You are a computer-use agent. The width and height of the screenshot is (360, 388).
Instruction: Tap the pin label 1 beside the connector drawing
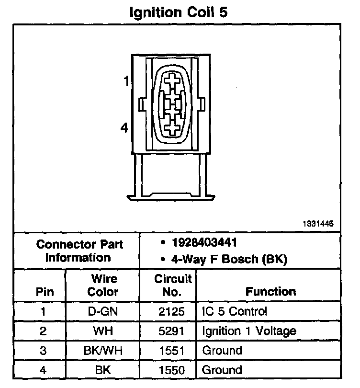coord(126,81)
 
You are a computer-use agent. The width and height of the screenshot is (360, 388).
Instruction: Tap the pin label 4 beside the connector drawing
coord(124,128)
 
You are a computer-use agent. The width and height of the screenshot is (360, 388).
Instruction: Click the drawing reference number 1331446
coord(317,224)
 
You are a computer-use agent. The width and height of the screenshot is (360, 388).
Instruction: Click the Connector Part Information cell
coord(80,251)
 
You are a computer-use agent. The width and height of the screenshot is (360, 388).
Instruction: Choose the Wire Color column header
coord(103,285)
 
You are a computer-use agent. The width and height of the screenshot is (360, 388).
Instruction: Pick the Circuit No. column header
coord(173,285)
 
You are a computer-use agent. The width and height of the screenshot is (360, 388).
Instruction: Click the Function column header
coord(270,291)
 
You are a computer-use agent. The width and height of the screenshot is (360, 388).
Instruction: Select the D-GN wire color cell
coord(103,311)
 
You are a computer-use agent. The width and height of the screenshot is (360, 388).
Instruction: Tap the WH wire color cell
coord(103,331)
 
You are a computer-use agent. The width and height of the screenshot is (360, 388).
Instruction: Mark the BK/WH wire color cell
coord(103,350)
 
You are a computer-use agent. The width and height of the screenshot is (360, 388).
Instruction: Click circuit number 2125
coord(171,311)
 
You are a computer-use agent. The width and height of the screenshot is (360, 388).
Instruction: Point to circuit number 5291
coord(171,331)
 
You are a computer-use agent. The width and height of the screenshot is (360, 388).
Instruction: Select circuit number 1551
coord(171,350)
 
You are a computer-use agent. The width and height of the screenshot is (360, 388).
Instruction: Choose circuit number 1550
coord(171,369)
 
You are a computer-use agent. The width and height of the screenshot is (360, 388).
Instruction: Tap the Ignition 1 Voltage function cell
coord(249,331)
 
